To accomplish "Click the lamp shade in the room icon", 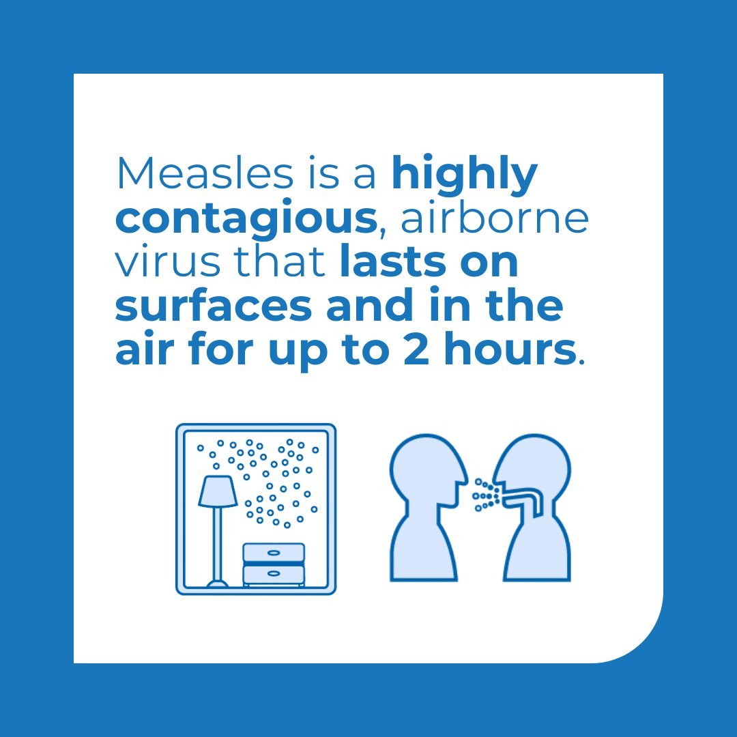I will pyautogui.click(x=218, y=491).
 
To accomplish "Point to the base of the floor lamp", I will pyautogui.click(x=218, y=583).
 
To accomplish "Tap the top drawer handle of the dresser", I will pyautogui.click(x=274, y=552).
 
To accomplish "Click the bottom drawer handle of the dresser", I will pyautogui.click(x=274, y=574).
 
